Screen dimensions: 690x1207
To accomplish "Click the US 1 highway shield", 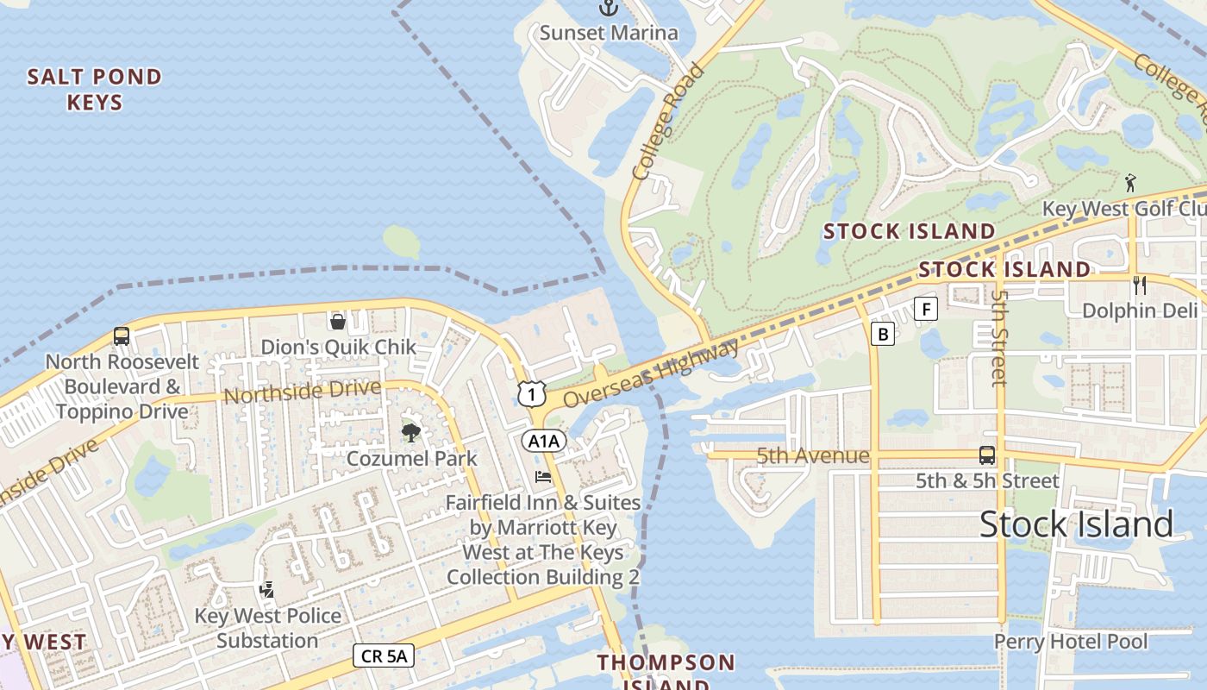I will tap(532, 393).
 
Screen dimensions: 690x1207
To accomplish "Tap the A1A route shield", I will tap(544, 442).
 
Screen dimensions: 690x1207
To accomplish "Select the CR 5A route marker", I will tap(384, 655).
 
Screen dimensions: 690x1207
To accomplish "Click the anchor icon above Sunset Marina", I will tap(609, 8).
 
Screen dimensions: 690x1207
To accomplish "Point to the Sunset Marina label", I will tap(609, 33).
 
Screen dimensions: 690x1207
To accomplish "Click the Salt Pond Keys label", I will tap(95, 90).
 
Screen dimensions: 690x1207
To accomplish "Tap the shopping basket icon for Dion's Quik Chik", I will tap(338, 322).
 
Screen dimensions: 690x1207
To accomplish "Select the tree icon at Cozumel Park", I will tap(411, 432).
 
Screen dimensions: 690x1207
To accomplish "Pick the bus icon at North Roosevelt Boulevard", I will tap(122, 336).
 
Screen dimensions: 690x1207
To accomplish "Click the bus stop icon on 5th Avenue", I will tap(987, 455).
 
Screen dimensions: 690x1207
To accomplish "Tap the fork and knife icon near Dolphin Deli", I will tap(1139, 285).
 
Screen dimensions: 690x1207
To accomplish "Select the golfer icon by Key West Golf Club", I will tap(1130, 183).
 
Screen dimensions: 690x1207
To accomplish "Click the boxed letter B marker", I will tap(882, 334).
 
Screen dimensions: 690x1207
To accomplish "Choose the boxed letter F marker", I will tap(926, 309).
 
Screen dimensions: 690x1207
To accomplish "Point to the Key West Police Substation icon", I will tap(267, 591).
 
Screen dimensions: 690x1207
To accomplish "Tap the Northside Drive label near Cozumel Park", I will tap(302, 392).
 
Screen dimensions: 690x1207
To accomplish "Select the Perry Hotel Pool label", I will tap(1071, 642).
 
